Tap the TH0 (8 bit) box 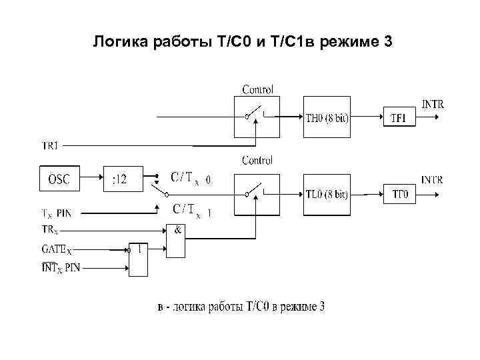327,118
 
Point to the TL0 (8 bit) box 327,194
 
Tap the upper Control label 257,89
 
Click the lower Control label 257,160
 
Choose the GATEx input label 57,251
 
